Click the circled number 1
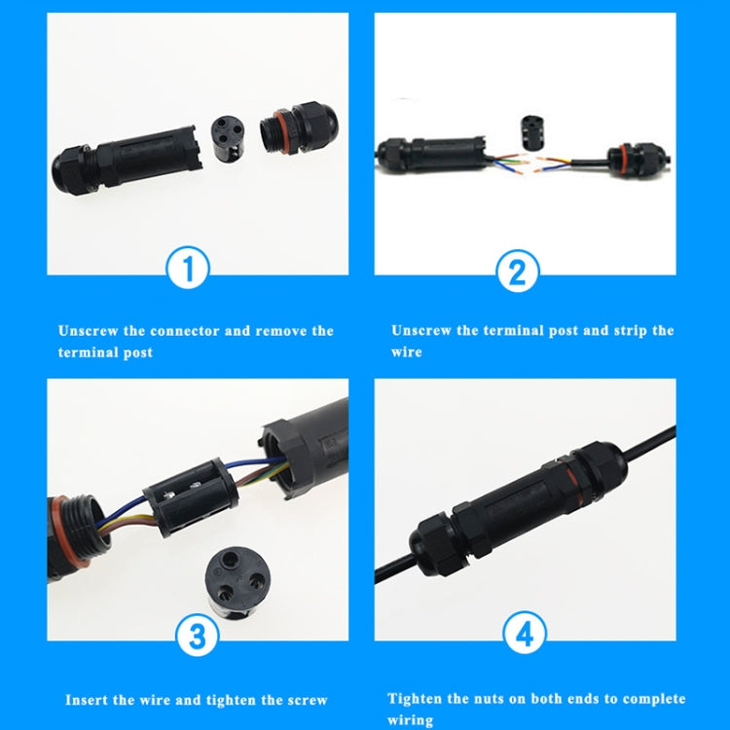[x=190, y=269]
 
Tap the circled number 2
[x=517, y=272]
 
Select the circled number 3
[x=198, y=638]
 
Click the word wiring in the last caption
[x=410, y=720]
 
